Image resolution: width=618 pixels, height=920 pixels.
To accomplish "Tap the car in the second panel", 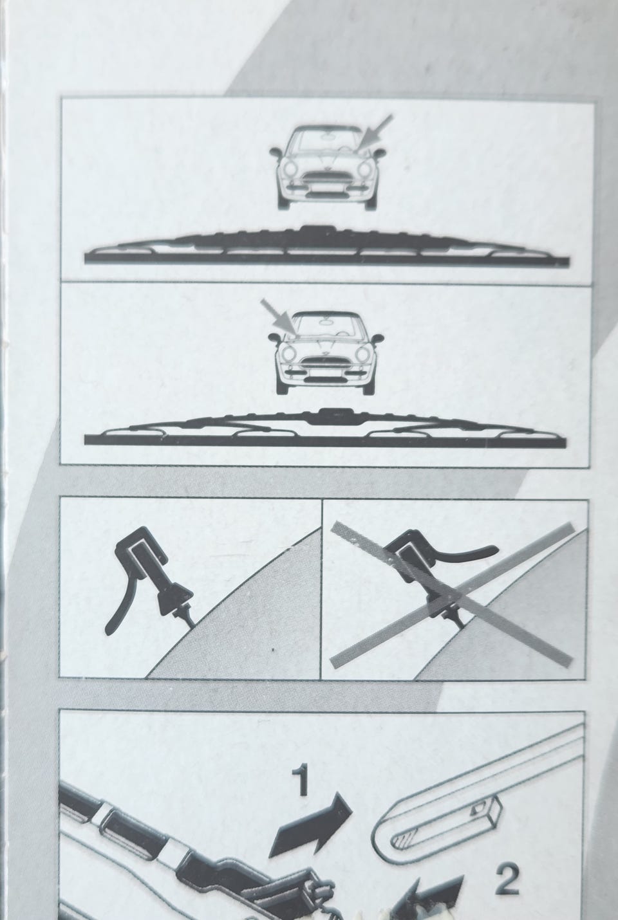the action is point(326,353).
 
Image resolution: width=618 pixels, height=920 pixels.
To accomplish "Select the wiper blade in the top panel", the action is point(326,247).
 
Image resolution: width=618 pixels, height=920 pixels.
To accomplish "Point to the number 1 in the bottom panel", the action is point(301,780).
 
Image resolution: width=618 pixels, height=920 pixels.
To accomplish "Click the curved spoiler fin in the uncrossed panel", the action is point(118,612).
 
